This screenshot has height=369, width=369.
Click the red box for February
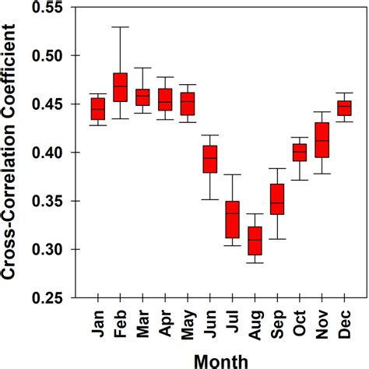(121, 86)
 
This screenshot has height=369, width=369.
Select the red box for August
(255, 241)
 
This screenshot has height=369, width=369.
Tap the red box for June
(210, 159)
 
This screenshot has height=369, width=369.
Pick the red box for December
(344, 108)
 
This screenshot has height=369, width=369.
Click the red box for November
(322, 140)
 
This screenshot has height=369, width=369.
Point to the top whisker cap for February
(121, 26)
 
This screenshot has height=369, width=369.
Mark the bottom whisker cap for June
(210, 199)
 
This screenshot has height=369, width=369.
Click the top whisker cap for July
(232, 174)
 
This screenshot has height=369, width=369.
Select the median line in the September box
(277, 203)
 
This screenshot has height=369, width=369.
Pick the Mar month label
(142, 319)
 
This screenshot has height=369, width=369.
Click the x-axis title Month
(221, 359)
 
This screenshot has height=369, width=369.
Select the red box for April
(165, 100)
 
